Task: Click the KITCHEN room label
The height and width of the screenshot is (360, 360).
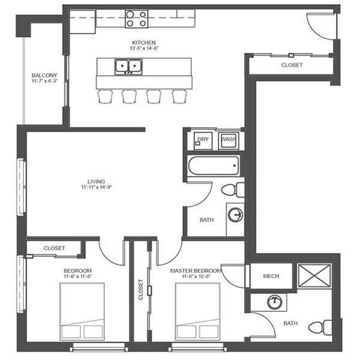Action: pos(144,43)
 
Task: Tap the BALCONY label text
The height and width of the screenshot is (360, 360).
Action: pos(44,76)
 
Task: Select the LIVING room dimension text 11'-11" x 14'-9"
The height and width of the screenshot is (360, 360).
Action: pos(97,187)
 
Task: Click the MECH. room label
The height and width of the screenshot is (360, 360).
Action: pos(272,276)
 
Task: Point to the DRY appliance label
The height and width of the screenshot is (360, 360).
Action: pos(203,139)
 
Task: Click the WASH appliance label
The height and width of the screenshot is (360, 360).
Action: pos(229,139)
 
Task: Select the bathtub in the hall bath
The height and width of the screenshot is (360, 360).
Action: pos(214,166)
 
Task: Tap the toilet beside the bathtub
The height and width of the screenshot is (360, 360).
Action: pos(233,190)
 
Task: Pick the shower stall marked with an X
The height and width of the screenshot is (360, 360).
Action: pos(314,276)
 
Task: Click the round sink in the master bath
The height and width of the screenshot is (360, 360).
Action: pos(275,302)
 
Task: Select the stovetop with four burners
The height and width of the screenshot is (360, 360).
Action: pos(136,19)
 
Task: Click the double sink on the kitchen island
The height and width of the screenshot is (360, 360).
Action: pos(128,67)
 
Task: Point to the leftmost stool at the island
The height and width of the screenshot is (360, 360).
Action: pos(106,97)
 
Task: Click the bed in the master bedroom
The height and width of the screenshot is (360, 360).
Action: pos(197,311)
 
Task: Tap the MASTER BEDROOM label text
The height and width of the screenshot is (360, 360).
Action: pos(196,271)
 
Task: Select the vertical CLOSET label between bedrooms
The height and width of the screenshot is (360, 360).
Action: pos(141,290)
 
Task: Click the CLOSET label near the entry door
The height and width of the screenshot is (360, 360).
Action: pos(292,65)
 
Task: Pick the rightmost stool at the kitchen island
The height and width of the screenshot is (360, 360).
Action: pos(179,97)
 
